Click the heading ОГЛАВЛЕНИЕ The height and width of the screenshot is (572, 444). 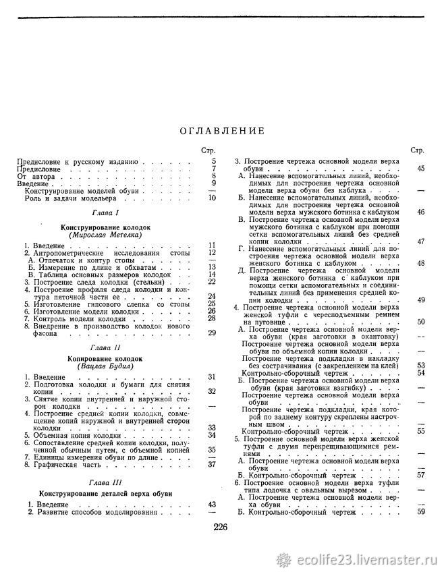tap(222, 131)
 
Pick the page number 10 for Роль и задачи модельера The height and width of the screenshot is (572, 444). tap(212, 198)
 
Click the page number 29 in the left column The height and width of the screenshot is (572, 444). tap(212, 332)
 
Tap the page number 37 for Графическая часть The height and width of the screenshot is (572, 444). tap(212, 464)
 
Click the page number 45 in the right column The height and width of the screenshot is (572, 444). tap(421, 168)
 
